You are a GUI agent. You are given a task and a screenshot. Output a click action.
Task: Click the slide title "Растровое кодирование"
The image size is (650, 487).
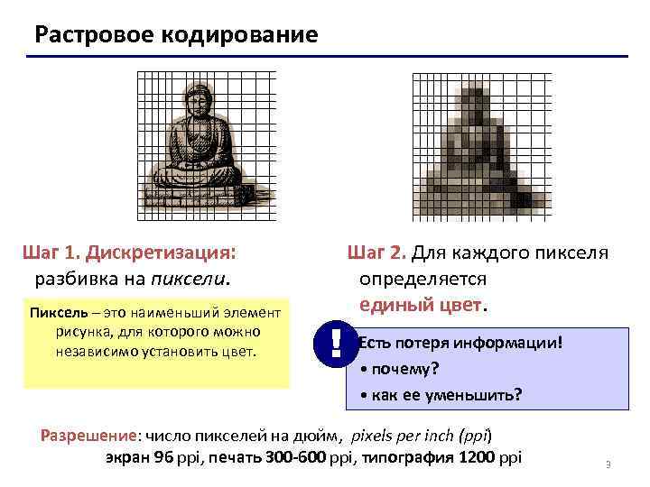(x=176, y=35)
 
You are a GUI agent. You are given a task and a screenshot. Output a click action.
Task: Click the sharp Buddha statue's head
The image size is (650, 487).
(x=196, y=100)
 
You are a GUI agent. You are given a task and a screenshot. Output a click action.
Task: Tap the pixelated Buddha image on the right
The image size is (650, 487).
(x=481, y=144)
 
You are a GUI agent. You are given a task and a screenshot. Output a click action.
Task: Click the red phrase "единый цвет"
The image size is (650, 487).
(x=422, y=304)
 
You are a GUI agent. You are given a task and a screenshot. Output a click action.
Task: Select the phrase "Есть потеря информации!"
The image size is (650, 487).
(x=460, y=343)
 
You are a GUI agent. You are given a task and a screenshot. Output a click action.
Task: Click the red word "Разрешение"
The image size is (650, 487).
(x=90, y=434)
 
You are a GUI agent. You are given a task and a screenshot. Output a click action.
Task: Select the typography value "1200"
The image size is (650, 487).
(x=477, y=456)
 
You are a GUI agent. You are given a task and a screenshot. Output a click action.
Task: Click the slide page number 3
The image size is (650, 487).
(x=608, y=465)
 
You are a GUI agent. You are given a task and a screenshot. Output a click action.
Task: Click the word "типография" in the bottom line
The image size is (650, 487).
(x=411, y=456)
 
